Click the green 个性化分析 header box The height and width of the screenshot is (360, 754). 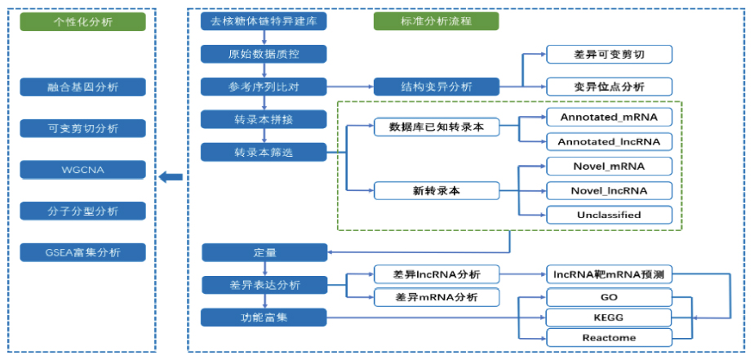pyautogui.click(x=83, y=21)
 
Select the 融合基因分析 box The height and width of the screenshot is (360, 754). pyautogui.click(x=83, y=87)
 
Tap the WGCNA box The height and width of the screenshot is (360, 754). pyautogui.click(x=83, y=170)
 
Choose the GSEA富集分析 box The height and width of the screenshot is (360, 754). pyautogui.click(x=83, y=252)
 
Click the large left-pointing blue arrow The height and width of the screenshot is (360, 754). pyautogui.click(x=171, y=176)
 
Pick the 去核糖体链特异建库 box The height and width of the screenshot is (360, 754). pyautogui.click(x=264, y=21)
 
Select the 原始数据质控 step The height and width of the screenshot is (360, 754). pyautogui.click(x=264, y=54)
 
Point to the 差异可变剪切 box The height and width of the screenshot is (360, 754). pyautogui.click(x=609, y=55)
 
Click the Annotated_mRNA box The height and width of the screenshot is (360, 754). pyautogui.click(x=609, y=118)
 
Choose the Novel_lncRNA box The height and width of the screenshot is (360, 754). pyautogui.click(x=609, y=191)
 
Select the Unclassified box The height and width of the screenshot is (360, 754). pyautogui.click(x=609, y=215)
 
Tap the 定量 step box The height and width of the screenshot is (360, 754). pyautogui.click(x=264, y=252)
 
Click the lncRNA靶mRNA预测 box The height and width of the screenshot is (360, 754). pyautogui.click(x=609, y=275)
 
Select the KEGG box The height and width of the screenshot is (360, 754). pyautogui.click(x=609, y=317)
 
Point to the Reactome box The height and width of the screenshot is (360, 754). pyautogui.click(x=609, y=337)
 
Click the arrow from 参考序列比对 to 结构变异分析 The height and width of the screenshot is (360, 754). pyautogui.click(x=350, y=87)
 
